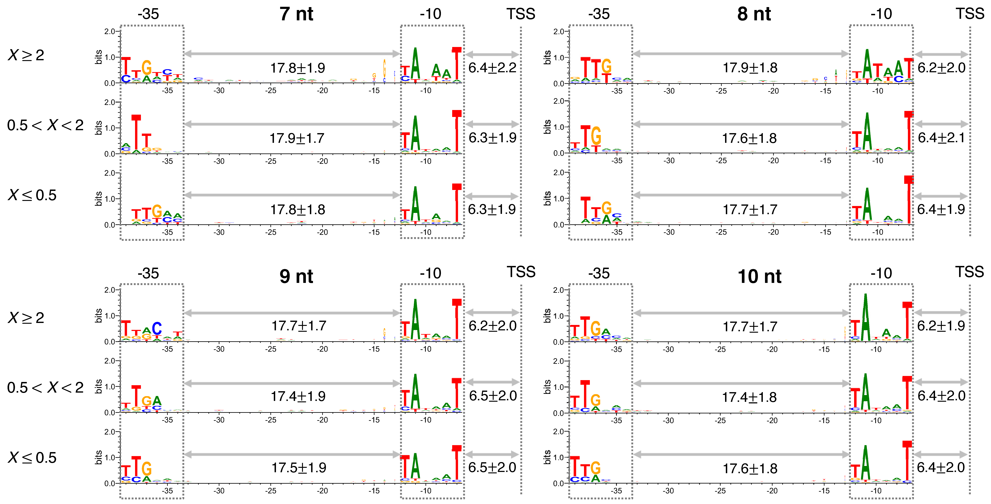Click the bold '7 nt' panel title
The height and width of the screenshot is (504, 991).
tap(296, 14)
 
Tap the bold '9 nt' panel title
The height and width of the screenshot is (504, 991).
tap(296, 276)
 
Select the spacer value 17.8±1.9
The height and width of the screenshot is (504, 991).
tap(297, 68)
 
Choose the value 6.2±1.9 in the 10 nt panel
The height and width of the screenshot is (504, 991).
tap(941, 326)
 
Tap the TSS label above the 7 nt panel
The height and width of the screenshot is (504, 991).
tap(520, 14)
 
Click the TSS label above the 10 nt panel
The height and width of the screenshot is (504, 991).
tap(969, 272)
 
